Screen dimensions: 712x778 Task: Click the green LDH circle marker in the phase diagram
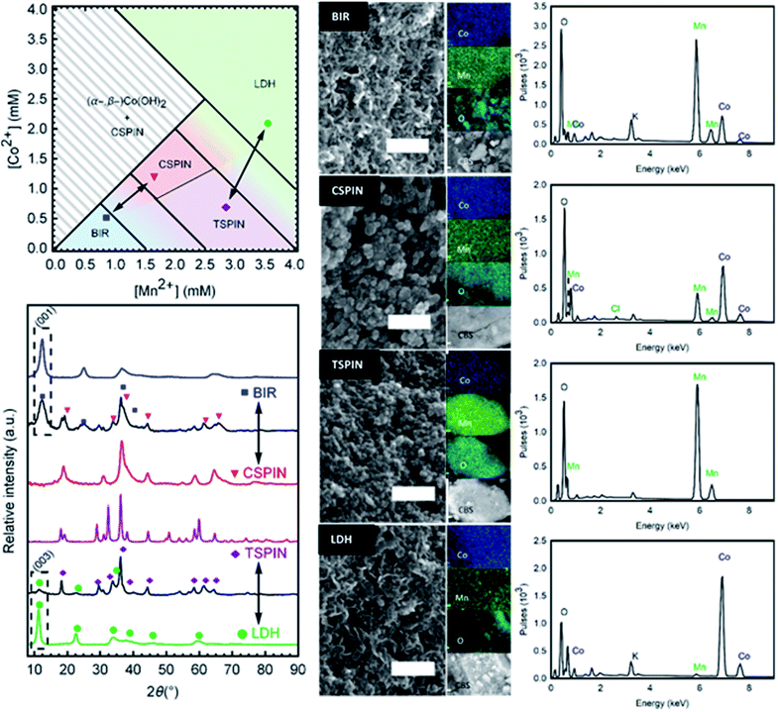point(267,124)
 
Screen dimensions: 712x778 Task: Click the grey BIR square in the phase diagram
point(106,217)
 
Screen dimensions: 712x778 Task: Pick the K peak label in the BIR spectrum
point(634,116)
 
